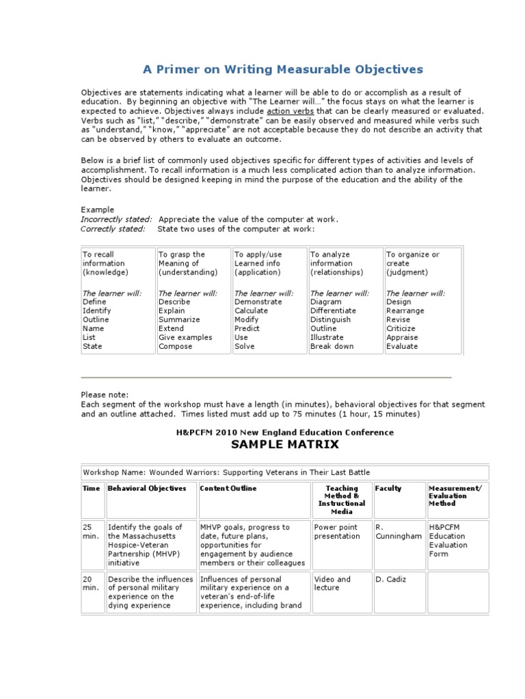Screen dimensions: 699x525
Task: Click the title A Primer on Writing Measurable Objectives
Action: click(x=282, y=70)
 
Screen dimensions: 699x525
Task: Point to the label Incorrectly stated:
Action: click(x=116, y=219)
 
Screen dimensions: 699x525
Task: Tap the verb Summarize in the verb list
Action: click(x=179, y=319)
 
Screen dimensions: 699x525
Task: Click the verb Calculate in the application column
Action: click(x=251, y=311)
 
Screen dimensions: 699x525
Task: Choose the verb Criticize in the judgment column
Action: click(x=401, y=328)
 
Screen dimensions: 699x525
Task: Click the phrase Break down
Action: click(x=332, y=346)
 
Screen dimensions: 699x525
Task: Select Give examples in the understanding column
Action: click(x=185, y=337)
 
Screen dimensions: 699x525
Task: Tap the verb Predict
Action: click(x=247, y=328)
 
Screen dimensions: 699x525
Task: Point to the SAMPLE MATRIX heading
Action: click(x=285, y=444)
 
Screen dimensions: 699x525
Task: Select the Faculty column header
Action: click(x=388, y=489)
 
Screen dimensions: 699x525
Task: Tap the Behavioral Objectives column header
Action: click(x=147, y=489)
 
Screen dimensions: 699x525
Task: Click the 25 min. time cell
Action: click(x=91, y=532)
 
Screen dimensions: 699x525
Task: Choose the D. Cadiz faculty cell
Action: click(x=391, y=579)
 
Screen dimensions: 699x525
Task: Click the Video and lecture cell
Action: click(x=332, y=584)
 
